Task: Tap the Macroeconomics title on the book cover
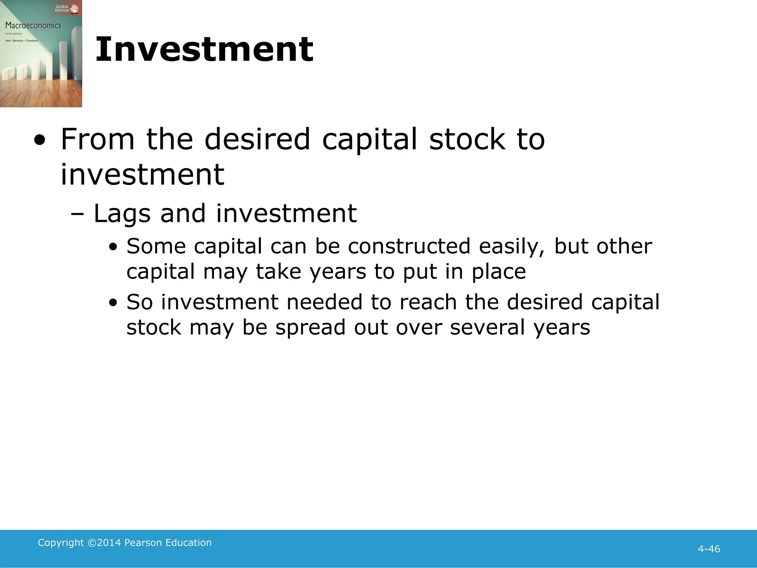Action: (33, 26)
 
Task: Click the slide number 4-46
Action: (709, 549)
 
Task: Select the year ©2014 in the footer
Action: (104, 542)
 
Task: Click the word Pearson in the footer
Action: (143, 542)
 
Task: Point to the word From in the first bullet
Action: (98, 139)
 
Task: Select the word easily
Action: (512, 247)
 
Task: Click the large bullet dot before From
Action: (40, 141)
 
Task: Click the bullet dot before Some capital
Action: (113, 247)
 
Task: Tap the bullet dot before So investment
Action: (113, 303)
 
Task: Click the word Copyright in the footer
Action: (61, 542)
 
